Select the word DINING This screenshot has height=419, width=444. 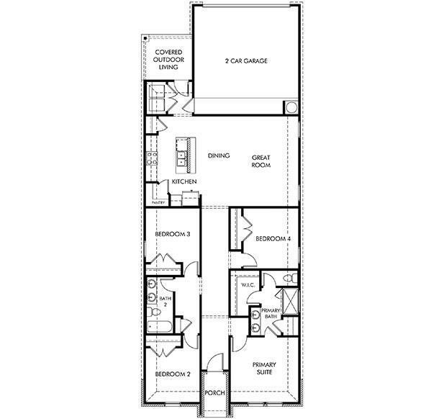coord(218,156)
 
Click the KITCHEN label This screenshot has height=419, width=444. coord(184,182)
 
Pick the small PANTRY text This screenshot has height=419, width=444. coord(158,203)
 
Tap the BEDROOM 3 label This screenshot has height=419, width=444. coord(173,234)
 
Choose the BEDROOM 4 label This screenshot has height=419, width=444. coord(272,238)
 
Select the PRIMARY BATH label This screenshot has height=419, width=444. coord(271,313)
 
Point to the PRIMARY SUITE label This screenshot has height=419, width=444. coord(264,369)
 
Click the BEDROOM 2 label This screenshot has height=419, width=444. coord(173,374)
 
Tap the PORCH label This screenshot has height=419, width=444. coord(215,392)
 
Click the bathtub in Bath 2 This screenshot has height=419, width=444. coord(158,328)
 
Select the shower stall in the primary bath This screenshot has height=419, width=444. coord(289,300)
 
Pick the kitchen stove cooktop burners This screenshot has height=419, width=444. coord(152,158)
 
